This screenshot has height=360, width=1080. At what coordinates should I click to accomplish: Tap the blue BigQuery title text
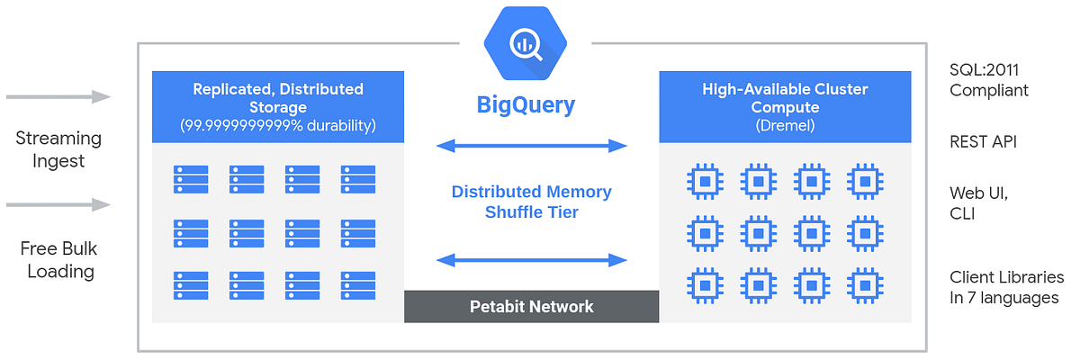tap(526, 105)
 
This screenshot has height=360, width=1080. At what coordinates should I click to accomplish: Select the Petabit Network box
tap(531, 307)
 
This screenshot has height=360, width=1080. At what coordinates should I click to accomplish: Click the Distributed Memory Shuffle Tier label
tap(531, 202)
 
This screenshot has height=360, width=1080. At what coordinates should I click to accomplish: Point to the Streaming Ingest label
tap(58, 149)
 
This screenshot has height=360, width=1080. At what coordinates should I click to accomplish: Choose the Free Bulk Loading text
tap(58, 260)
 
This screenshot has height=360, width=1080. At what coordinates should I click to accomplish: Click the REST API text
tap(984, 142)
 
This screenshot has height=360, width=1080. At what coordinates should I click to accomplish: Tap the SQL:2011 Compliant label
tap(989, 80)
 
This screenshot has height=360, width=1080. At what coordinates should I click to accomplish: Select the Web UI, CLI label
tap(980, 203)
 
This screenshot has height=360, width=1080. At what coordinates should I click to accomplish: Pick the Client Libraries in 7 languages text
tap(1006, 287)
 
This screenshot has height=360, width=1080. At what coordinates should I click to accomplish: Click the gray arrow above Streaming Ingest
tap(58, 96)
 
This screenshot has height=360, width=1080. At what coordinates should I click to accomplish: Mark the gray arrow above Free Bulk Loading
tap(58, 205)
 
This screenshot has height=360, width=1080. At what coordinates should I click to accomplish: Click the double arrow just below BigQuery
tap(531, 146)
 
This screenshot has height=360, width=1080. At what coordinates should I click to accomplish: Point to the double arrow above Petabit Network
tap(531, 260)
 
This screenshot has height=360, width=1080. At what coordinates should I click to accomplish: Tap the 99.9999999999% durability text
tap(278, 125)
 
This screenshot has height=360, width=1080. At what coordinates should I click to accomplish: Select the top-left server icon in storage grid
tap(191, 179)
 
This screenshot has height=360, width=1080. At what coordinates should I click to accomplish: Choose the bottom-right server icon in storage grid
tap(357, 287)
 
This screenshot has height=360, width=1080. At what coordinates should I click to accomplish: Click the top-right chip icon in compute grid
tap(865, 180)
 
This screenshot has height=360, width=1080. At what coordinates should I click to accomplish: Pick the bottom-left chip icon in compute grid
tap(703, 286)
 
